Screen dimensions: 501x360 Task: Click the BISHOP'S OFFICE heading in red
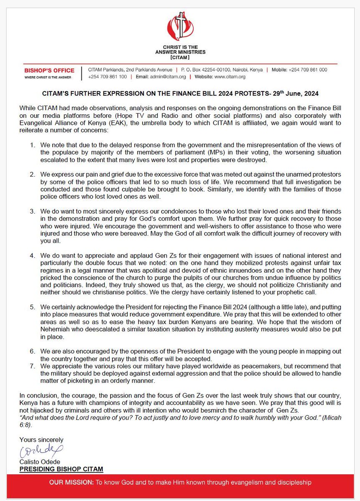pos(49,70)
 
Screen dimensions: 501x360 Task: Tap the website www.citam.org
pos(231,77)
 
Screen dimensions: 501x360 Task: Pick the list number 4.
pos(33,255)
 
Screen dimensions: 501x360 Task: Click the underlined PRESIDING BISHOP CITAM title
pos(61,469)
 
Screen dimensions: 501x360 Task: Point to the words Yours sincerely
pos(41,440)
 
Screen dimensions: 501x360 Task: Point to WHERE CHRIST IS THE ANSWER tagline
pos(47,77)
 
